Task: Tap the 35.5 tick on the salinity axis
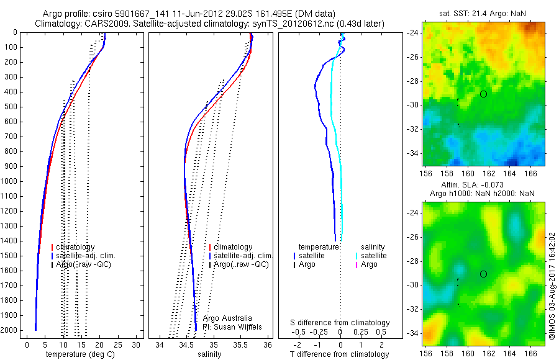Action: click(x=241, y=344)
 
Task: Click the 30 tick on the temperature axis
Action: click(x=137, y=344)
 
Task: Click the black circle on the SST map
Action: click(x=483, y=94)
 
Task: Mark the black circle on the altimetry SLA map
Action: click(x=483, y=274)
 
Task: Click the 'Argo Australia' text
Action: click(x=228, y=318)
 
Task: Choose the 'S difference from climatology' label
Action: click(x=340, y=323)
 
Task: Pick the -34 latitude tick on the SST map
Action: click(x=414, y=153)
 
